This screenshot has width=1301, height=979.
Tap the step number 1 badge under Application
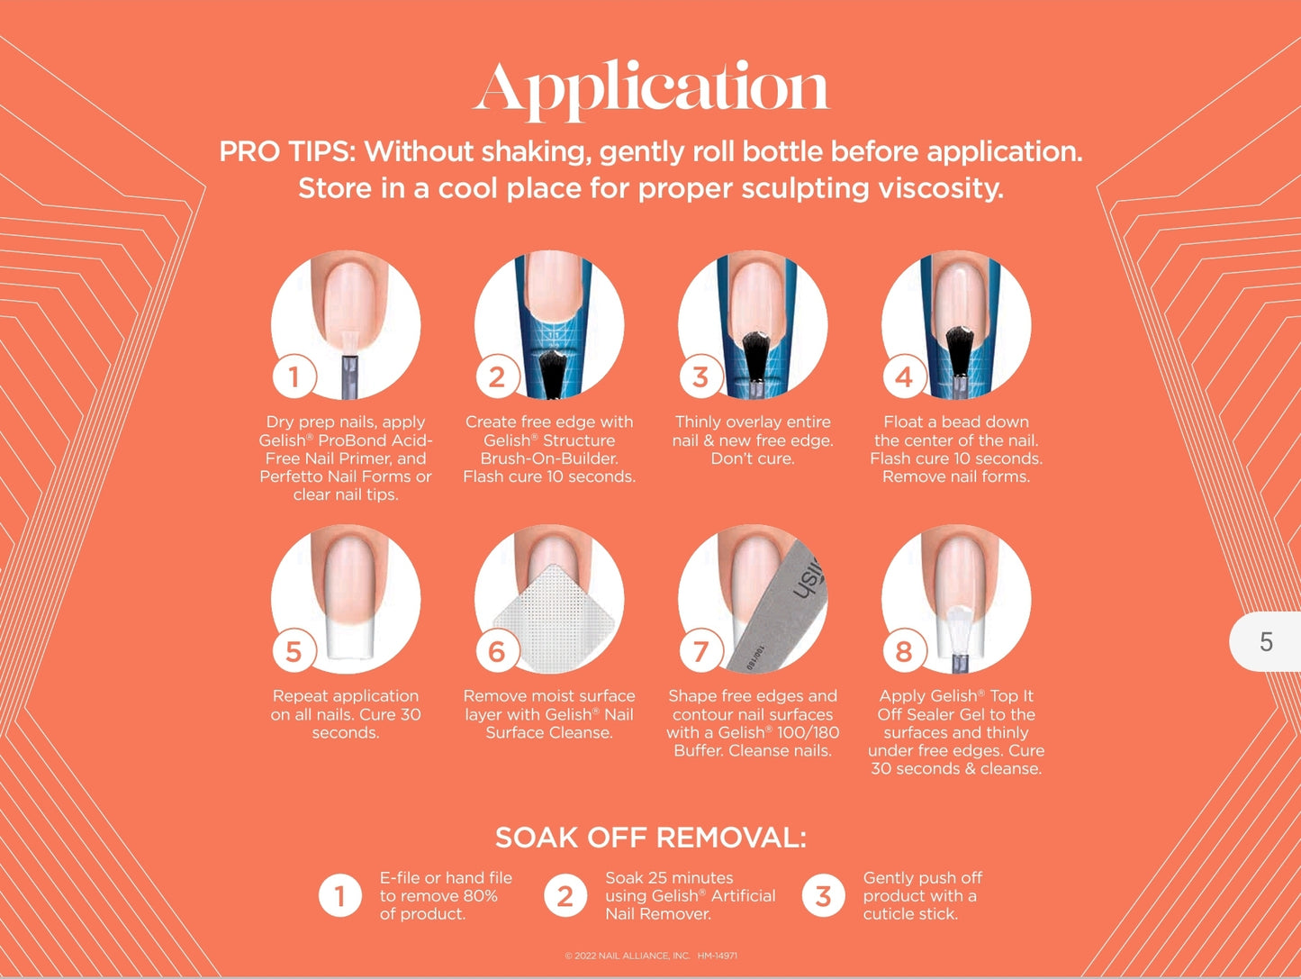coord(294,376)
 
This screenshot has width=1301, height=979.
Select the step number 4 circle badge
coord(903,376)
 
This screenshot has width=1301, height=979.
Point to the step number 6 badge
coord(497,651)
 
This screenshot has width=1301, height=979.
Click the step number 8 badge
coord(903,651)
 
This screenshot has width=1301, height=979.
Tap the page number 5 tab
coord(1266,642)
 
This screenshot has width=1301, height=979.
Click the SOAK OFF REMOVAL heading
coord(651,838)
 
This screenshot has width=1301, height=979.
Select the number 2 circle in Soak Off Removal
coord(565,896)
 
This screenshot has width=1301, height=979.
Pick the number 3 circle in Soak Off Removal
coord(823,896)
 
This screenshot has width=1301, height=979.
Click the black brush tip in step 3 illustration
coord(754,355)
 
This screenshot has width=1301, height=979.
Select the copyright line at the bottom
coord(651,956)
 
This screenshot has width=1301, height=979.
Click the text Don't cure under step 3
coord(753,458)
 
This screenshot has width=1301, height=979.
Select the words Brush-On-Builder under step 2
coord(549,458)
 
